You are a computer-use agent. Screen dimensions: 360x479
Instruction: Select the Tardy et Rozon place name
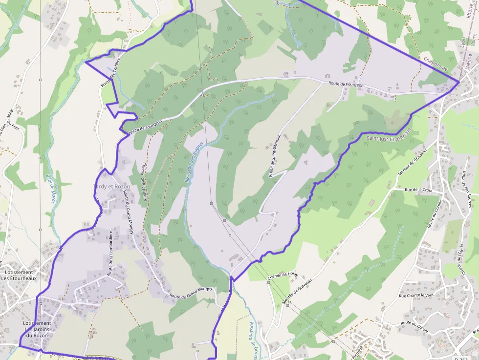tap(111, 187)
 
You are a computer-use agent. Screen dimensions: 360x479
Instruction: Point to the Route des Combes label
tap(110, 76)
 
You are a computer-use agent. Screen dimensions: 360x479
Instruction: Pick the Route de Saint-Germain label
tap(275, 156)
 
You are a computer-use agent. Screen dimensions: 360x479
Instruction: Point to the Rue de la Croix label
tap(418, 189)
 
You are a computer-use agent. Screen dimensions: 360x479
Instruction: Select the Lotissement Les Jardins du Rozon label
tap(37, 329)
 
